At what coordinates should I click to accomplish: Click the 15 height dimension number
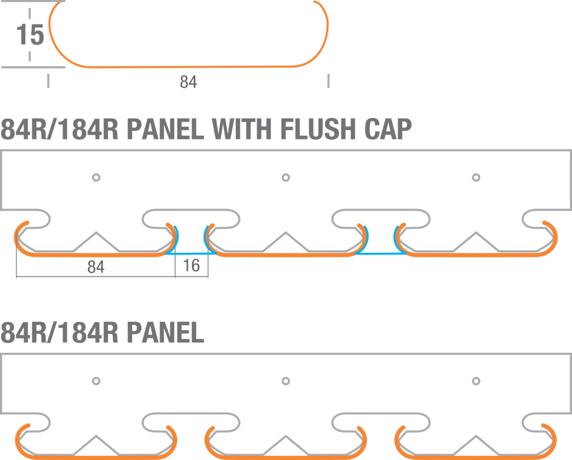tap(30, 35)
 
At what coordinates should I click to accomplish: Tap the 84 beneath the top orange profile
tap(188, 83)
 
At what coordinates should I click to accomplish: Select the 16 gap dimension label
tap(192, 265)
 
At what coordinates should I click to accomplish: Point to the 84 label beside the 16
tap(96, 267)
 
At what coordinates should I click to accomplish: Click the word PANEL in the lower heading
tap(165, 333)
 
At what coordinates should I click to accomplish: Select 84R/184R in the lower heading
tap(59, 333)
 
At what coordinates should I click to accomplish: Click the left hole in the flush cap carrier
tap(96, 178)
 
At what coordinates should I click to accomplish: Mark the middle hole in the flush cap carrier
tap(286, 178)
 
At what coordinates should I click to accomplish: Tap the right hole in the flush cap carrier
tap(476, 178)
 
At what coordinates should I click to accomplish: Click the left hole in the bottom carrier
tap(96, 381)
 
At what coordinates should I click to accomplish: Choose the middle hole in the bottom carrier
tap(286, 381)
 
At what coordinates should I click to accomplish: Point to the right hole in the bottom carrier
tap(476, 381)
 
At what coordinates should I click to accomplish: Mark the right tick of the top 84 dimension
tap(328, 81)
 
